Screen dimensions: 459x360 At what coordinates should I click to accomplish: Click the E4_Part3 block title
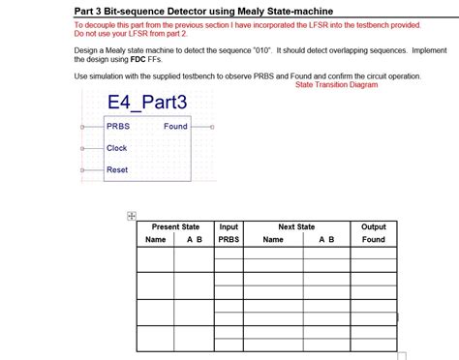[x=147, y=103]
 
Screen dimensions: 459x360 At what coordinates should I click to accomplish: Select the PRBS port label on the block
[x=118, y=127]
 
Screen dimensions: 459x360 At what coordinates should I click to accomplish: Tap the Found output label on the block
[x=175, y=127]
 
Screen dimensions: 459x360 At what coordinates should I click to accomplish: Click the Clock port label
[x=117, y=148]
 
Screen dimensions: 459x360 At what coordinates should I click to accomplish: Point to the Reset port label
[x=117, y=169]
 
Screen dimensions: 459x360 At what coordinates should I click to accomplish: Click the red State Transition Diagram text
[x=336, y=85]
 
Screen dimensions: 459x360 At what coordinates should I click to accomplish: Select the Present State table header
[x=175, y=226]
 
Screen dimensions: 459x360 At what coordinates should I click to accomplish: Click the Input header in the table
[x=229, y=226]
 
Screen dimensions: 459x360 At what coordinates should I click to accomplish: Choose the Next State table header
[x=296, y=226]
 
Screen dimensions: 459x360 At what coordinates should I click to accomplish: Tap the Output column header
[x=373, y=226]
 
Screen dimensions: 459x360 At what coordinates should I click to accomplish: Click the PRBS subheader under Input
[x=229, y=239]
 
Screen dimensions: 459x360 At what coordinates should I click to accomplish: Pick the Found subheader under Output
[x=373, y=239]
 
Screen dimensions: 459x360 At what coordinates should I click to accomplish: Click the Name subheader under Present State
[x=156, y=239]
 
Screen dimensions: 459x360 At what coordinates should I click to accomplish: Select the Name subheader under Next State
[x=273, y=239]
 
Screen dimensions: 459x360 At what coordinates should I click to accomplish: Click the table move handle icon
[x=132, y=217]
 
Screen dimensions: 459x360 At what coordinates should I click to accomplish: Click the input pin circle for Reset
[x=83, y=169]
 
